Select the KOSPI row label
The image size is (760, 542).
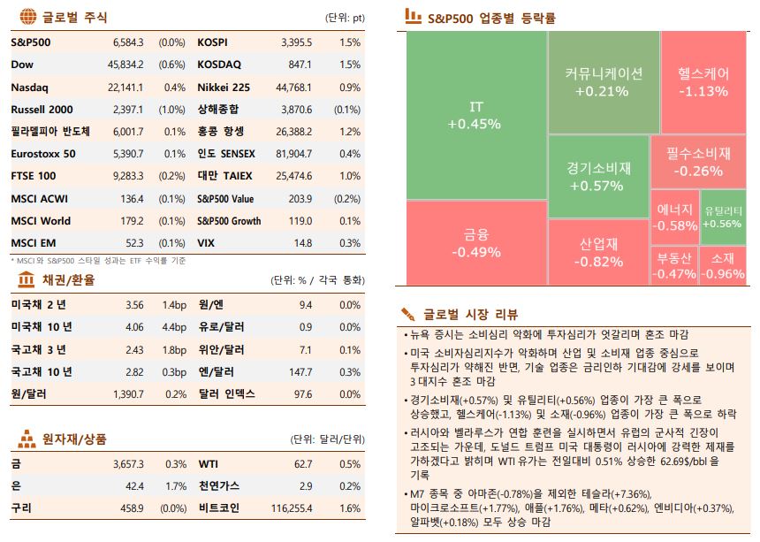pyautogui.click(x=212, y=42)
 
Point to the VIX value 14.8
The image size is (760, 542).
pyautogui.click(x=302, y=243)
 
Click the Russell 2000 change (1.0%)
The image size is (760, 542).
pyautogui.click(x=171, y=110)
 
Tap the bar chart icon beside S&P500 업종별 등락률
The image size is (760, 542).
pyautogui.click(x=412, y=16)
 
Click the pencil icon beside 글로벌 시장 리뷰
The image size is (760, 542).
pyautogui.click(x=408, y=314)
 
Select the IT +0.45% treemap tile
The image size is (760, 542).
pyautogui.click(x=475, y=115)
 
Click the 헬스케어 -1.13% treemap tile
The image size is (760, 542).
pyautogui.click(x=703, y=81)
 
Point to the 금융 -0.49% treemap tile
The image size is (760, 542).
pyautogui.click(x=475, y=243)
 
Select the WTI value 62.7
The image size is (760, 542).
pyautogui.click(x=303, y=463)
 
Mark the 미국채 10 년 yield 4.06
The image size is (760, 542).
pyautogui.click(x=134, y=327)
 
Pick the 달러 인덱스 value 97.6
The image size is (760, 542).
pyautogui.click(x=303, y=393)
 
